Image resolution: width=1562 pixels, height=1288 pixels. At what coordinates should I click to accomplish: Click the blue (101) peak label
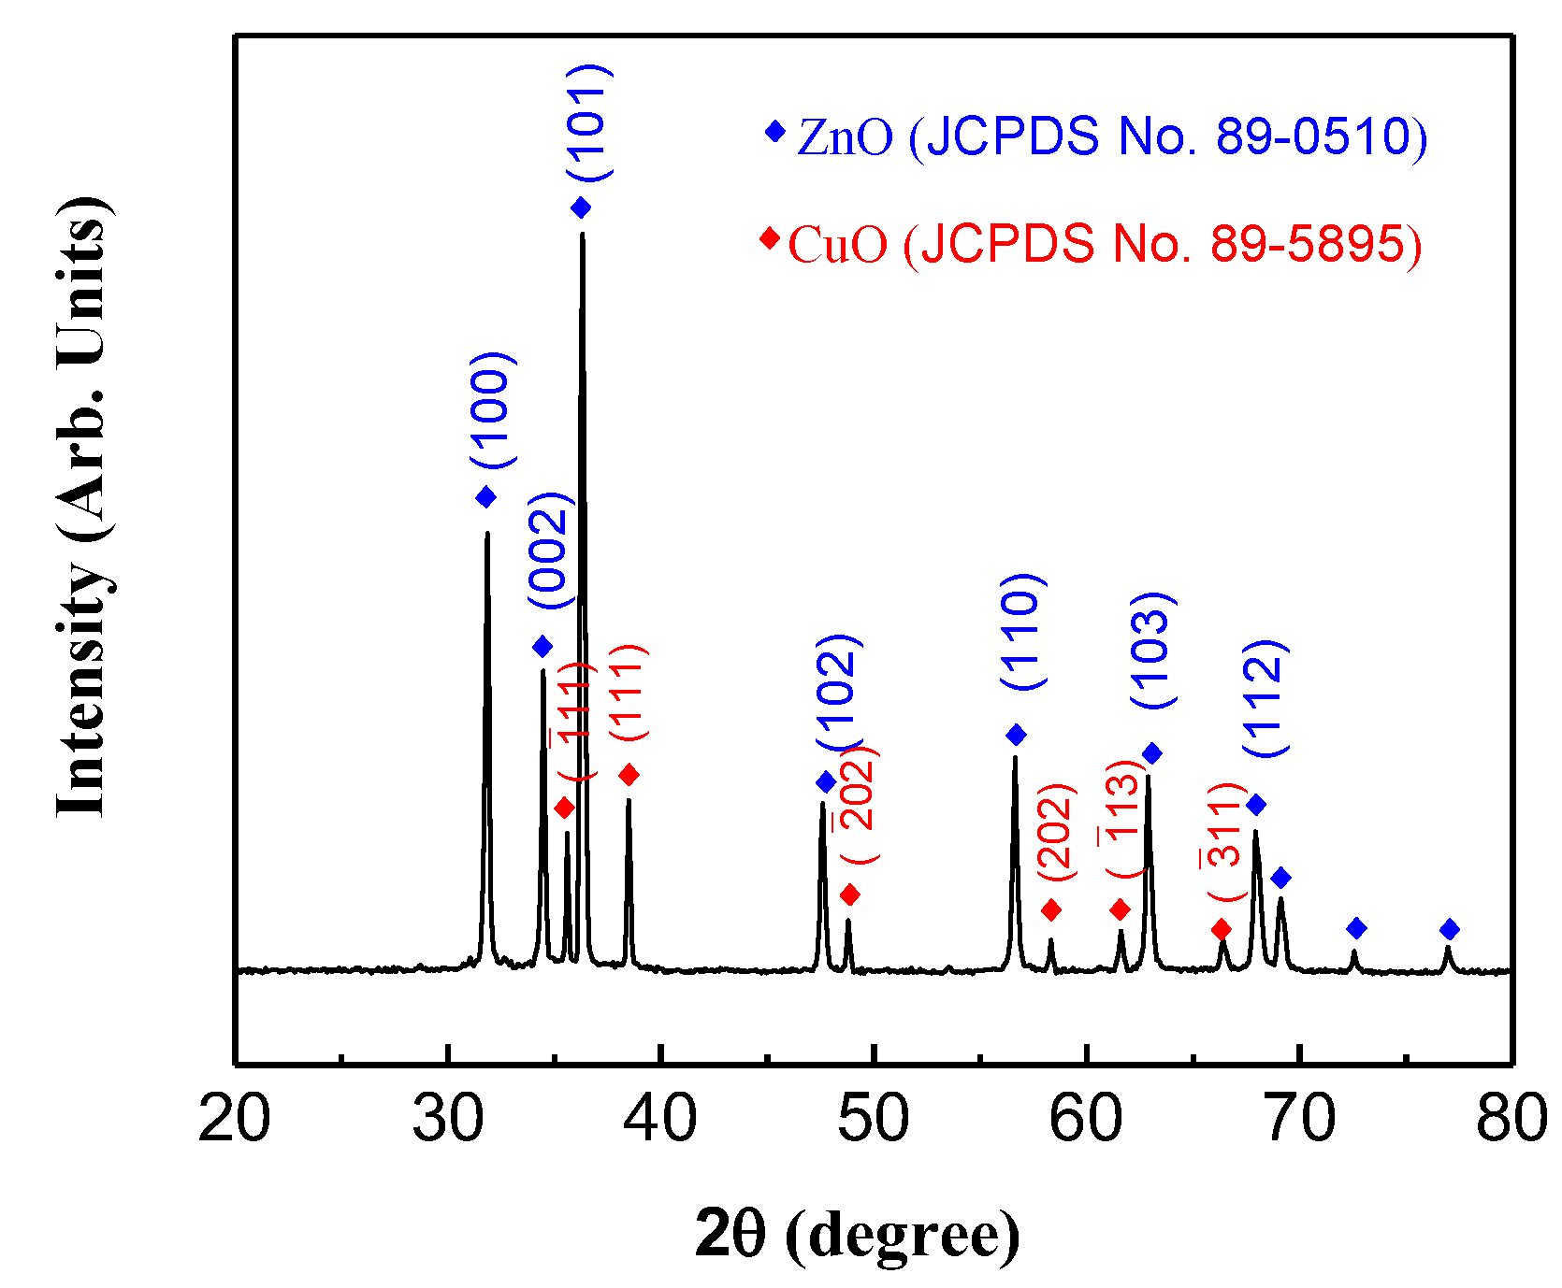tap(589, 122)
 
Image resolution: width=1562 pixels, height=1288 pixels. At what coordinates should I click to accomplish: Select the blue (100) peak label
tap(492, 410)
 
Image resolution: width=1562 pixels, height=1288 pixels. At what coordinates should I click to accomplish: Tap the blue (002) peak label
tap(549, 551)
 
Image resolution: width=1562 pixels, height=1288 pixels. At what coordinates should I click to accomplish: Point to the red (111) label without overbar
tap(629, 693)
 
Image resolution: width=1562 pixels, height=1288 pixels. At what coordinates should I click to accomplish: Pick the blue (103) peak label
tap(1152, 651)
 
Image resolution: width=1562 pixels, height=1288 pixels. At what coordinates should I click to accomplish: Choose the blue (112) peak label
tap(1266, 697)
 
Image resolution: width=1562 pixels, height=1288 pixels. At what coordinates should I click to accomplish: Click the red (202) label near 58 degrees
tap(1057, 832)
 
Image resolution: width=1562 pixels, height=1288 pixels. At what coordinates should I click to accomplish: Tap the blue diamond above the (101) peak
tap(581, 208)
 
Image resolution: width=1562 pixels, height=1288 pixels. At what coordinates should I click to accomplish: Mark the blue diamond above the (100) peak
tap(485, 497)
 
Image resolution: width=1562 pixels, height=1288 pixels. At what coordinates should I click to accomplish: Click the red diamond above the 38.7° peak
tap(629, 775)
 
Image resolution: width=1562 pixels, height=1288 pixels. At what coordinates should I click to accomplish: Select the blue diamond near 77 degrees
tap(1450, 929)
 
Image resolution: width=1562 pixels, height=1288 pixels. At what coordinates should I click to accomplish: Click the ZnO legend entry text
tap(1111, 137)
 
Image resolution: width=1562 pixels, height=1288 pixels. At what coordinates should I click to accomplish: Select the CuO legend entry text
tap(1105, 245)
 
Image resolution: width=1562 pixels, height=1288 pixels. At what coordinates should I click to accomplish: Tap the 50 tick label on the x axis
tap(873, 1118)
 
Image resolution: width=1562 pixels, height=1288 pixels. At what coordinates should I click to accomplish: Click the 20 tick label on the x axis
tap(235, 1118)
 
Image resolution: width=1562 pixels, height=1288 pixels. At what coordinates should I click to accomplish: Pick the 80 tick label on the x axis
tap(1511, 1118)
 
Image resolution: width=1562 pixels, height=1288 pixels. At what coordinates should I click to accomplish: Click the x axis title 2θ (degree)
tap(857, 1234)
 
